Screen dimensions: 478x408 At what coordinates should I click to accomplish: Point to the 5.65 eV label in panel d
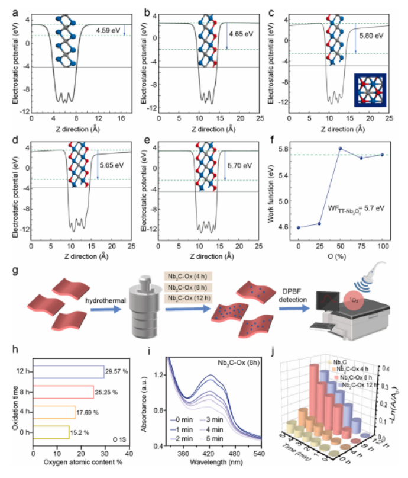tap(109, 167)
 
